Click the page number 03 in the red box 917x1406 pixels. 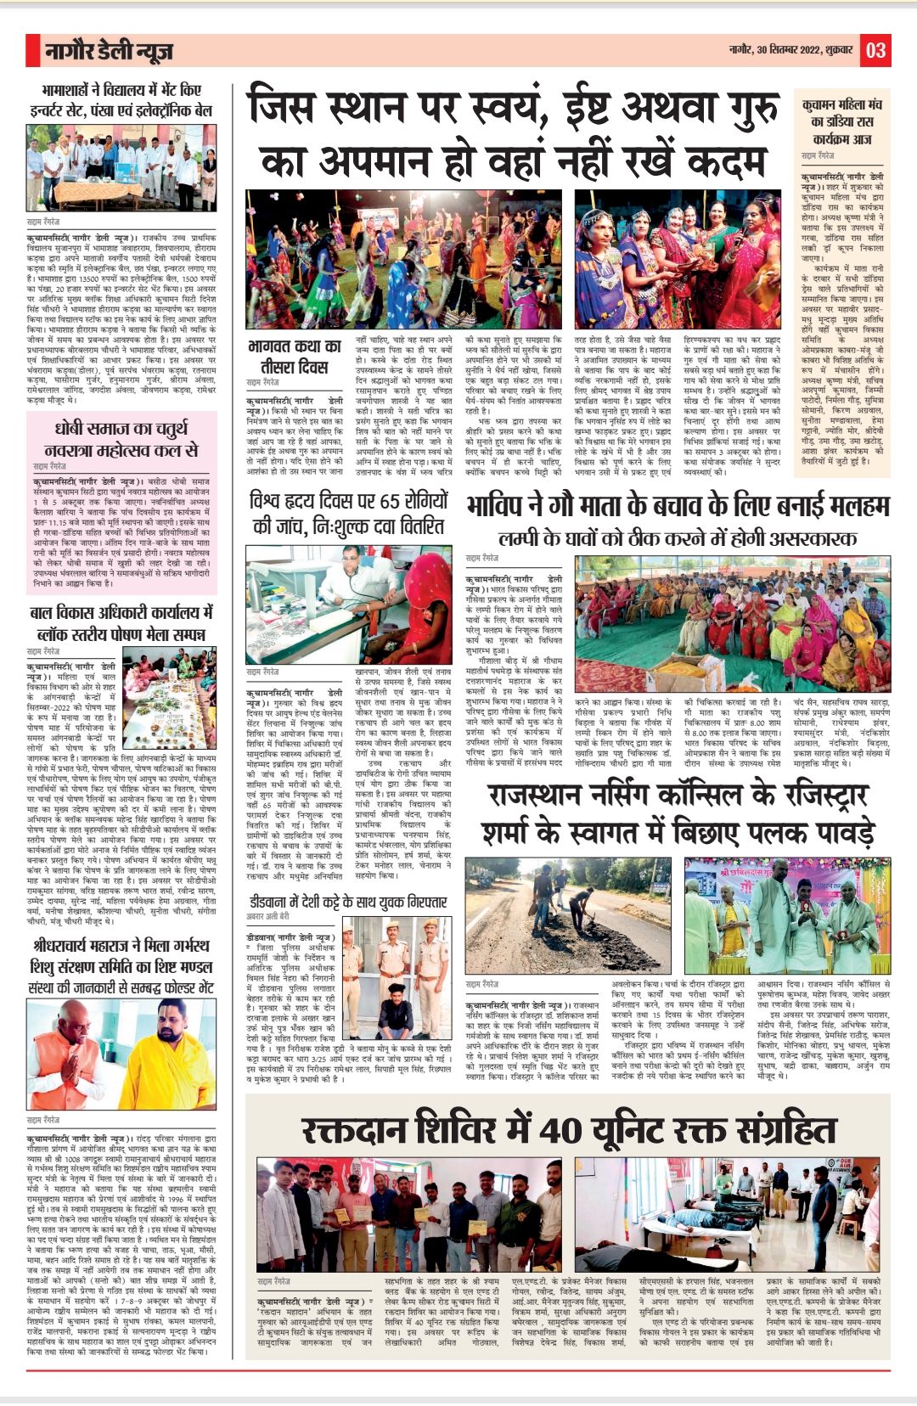(875, 51)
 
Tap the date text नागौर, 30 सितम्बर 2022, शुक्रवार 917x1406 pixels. (790, 50)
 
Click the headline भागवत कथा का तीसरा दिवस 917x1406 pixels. (295, 357)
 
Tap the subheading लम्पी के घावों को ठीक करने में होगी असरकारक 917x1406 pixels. (677, 538)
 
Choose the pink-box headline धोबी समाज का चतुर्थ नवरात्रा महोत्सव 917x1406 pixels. (121, 439)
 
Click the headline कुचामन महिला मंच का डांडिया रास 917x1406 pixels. (841, 121)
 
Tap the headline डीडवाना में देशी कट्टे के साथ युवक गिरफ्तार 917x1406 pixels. (347, 902)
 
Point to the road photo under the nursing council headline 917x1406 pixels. (531, 916)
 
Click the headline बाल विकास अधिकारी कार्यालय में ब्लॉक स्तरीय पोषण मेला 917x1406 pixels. (121, 623)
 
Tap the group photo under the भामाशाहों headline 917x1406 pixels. (121, 169)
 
